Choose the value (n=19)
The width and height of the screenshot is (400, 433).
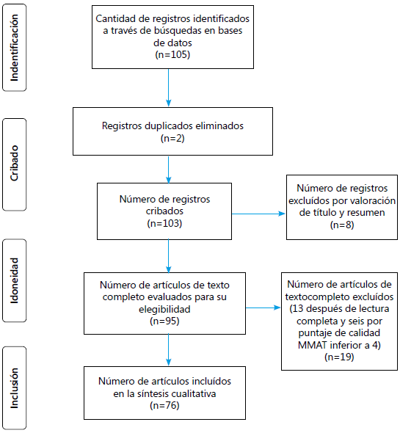340,356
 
